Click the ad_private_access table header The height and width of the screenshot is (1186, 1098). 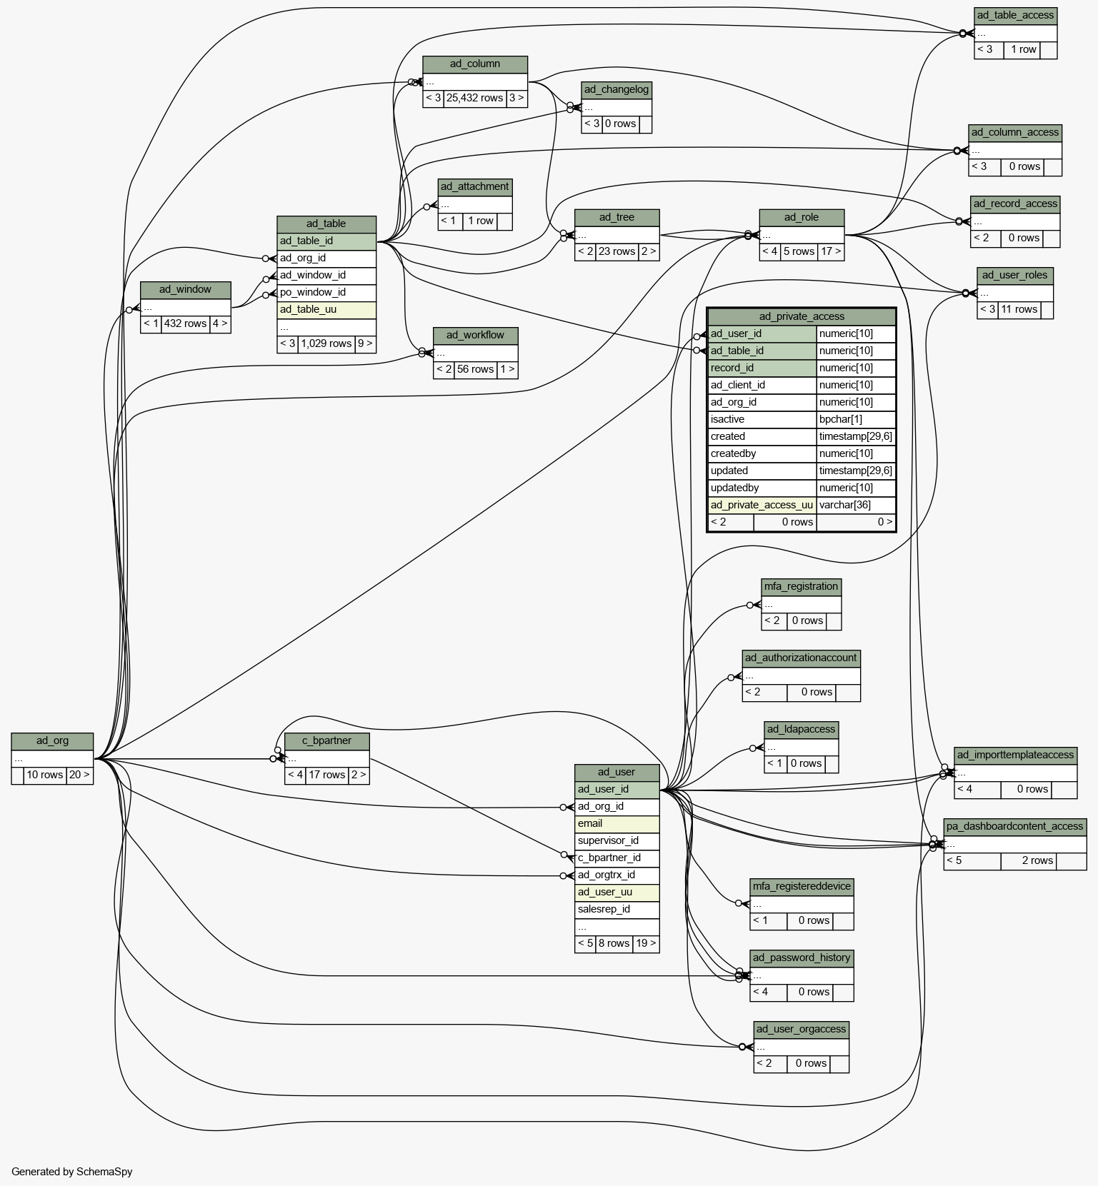click(x=802, y=316)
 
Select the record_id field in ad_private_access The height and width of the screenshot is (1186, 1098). click(x=762, y=368)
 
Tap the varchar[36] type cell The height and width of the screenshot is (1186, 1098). click(x=856, y=505)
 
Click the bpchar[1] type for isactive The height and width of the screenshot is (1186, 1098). click(x=856, y=419)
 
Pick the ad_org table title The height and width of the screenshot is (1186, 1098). click(x=52, y=740)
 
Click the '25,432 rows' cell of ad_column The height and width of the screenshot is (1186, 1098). click(x=474, y=98)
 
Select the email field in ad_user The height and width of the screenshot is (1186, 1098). click(x=617, y=823)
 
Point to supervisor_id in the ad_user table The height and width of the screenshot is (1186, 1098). click(x=617, y=840)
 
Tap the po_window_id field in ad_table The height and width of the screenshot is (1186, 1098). click(x=326, y=292)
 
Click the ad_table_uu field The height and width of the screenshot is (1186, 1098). click(x=326, y=309)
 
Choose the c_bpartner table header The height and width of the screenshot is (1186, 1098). click(x=326, y=740)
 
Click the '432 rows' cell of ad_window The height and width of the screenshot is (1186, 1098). click(x=185, y=323)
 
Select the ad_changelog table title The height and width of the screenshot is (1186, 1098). click(x=617, y=90)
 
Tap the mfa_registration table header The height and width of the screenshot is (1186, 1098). click(x=801, y=587)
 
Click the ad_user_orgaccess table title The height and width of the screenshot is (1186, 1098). click(x=801, y=1030)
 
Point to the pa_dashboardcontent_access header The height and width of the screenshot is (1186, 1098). click(x=1015, y=827)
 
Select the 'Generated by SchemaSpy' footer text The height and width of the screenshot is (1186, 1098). click(x=72, y=1171)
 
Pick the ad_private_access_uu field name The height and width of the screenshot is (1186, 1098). click(x=762, y=505)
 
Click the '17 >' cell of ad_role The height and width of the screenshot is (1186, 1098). click(x=831, y=251)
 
